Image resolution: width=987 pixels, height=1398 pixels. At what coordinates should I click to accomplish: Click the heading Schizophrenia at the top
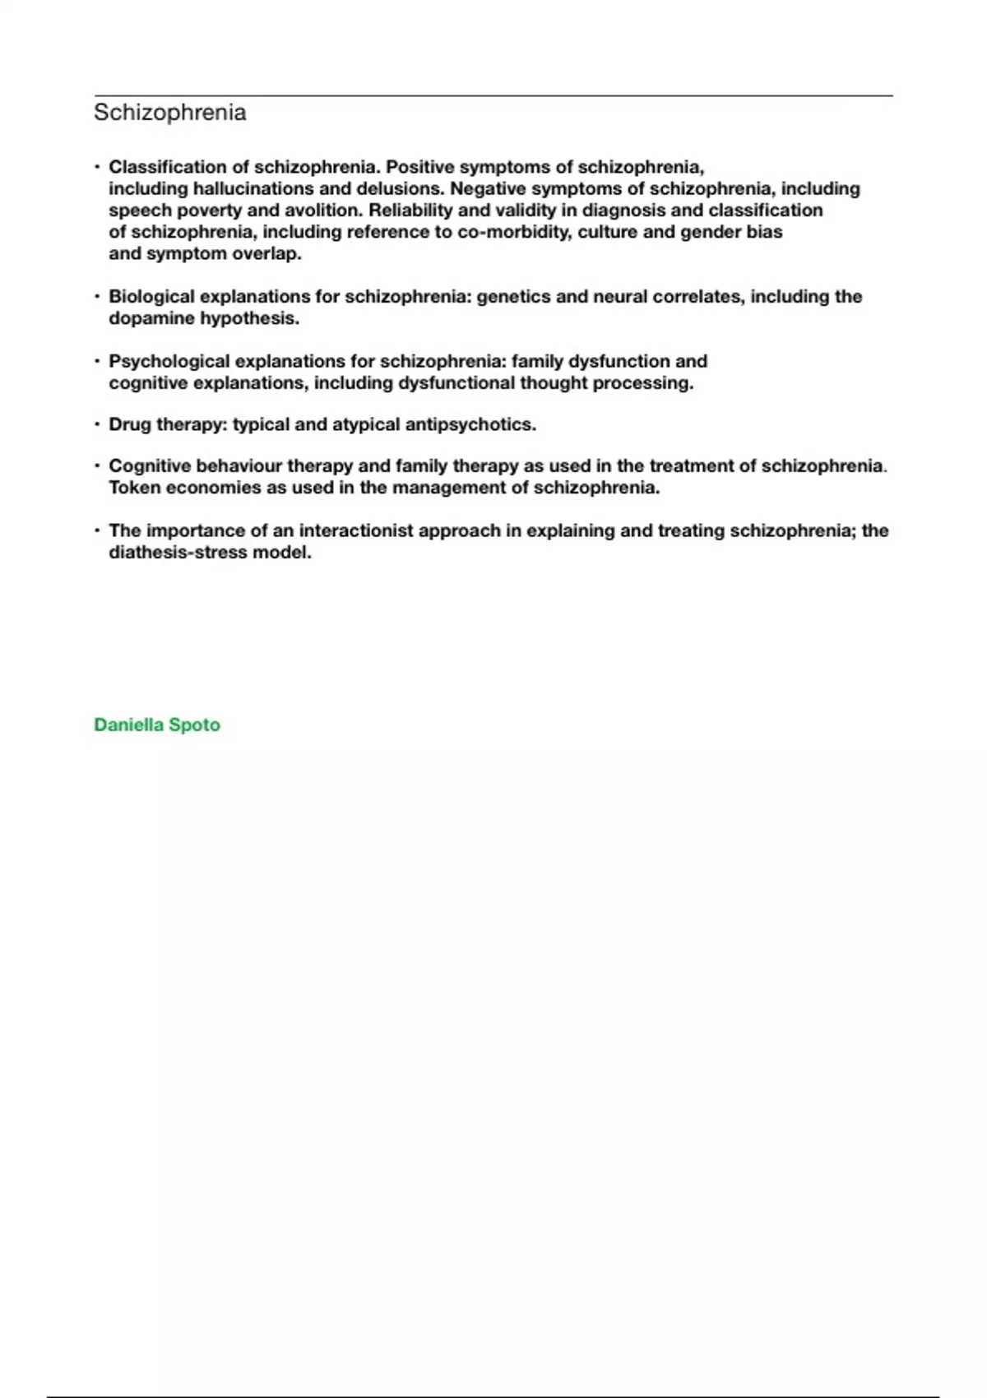[x=169, y=113]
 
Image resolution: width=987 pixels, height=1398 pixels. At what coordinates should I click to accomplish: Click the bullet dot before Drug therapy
[x=98, y=424]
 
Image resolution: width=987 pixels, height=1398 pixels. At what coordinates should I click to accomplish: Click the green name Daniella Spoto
[x=157, y=725]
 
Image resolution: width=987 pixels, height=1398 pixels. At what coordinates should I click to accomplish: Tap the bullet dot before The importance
[x=98, y=530]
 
